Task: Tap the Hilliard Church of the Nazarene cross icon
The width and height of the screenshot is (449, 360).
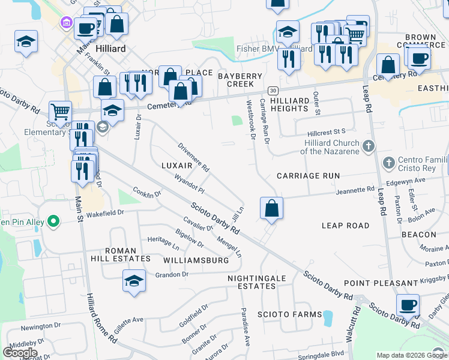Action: pyautogui.click(x=369, y=145)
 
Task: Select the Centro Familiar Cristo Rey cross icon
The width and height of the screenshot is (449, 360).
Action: pyautogui.click(x=389, y=163)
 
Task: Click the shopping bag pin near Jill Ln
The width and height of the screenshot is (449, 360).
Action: pyautogui.click(x=271, y=208)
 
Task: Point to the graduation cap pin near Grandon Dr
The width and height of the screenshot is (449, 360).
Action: pyautogui.click(x=134, y=280)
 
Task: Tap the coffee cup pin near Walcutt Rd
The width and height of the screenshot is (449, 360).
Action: pyautogui.click(x=408, y=304)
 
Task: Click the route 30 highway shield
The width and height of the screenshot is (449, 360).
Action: pyautogui.click(x=273, y=91)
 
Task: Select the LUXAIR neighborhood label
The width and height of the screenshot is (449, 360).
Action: pyautogui.click(x=177, y=164)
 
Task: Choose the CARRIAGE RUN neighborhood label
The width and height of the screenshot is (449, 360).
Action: pyautogui.click(x=308, y=176)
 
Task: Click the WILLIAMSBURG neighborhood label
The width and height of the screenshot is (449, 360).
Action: pyautogui.click(x=196, y=260)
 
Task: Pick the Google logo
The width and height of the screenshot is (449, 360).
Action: pyautogui.click(x=20, y=353)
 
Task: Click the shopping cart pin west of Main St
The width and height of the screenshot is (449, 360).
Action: pyautogui.click(x=60, y=111)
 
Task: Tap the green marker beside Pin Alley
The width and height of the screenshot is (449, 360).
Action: pyautogui.click(x=53, y=222)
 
